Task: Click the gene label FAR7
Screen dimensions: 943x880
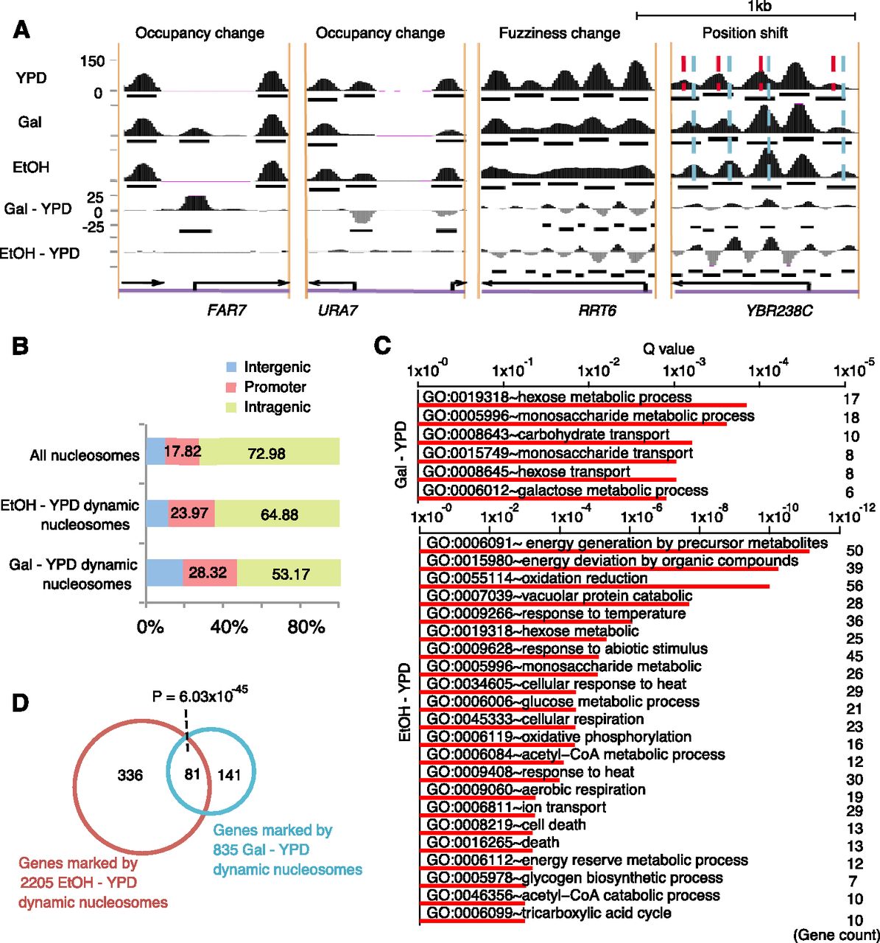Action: click(x=226, y=310)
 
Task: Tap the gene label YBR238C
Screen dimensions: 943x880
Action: click(x=778, y=310)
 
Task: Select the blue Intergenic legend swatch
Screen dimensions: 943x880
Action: click(x=230, y=367)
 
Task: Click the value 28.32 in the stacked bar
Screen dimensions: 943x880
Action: click(x=207, y=572)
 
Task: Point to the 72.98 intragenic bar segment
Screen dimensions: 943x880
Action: click(x=267, y=454)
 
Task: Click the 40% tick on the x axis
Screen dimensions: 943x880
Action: click(x=229, y=627)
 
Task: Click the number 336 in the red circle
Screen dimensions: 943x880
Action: click(x=130, y=775)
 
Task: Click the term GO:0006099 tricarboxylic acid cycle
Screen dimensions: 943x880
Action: click(x=549, y=914)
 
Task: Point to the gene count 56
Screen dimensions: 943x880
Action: click(x=855, y=586)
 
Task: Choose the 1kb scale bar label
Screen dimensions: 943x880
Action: click(x=758, y=7)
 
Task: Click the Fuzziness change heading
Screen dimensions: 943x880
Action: click(x=559, y=33)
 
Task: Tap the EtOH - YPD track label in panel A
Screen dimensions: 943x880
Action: click(x=41, y=253)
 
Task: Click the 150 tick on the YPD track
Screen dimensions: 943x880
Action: click(x=93, y=61)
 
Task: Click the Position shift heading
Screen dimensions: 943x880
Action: click(x=745, y=33)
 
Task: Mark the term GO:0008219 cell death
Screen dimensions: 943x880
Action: click(x=506, y=825)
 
